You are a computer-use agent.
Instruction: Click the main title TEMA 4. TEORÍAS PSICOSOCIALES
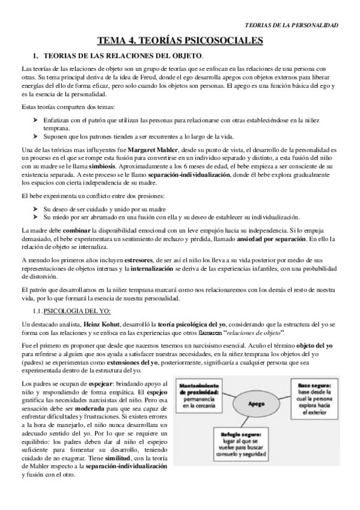[x=181, y=41]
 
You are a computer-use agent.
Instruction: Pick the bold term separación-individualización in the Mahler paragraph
[x=189, y=173]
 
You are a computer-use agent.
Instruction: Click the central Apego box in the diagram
[x=254, y=404]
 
